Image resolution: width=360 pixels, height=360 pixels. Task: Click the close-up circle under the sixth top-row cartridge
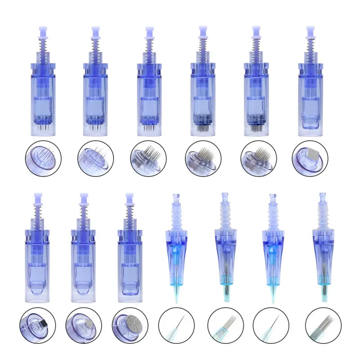click(310, 158)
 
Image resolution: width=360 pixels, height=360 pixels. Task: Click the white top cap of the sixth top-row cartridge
click(310, 31)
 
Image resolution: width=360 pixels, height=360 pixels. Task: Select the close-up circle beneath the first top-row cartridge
click(44, 158)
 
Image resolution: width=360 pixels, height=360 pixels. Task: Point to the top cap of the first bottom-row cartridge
click(37, 197)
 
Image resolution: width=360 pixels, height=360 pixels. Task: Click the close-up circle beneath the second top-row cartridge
click(95, 158)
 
